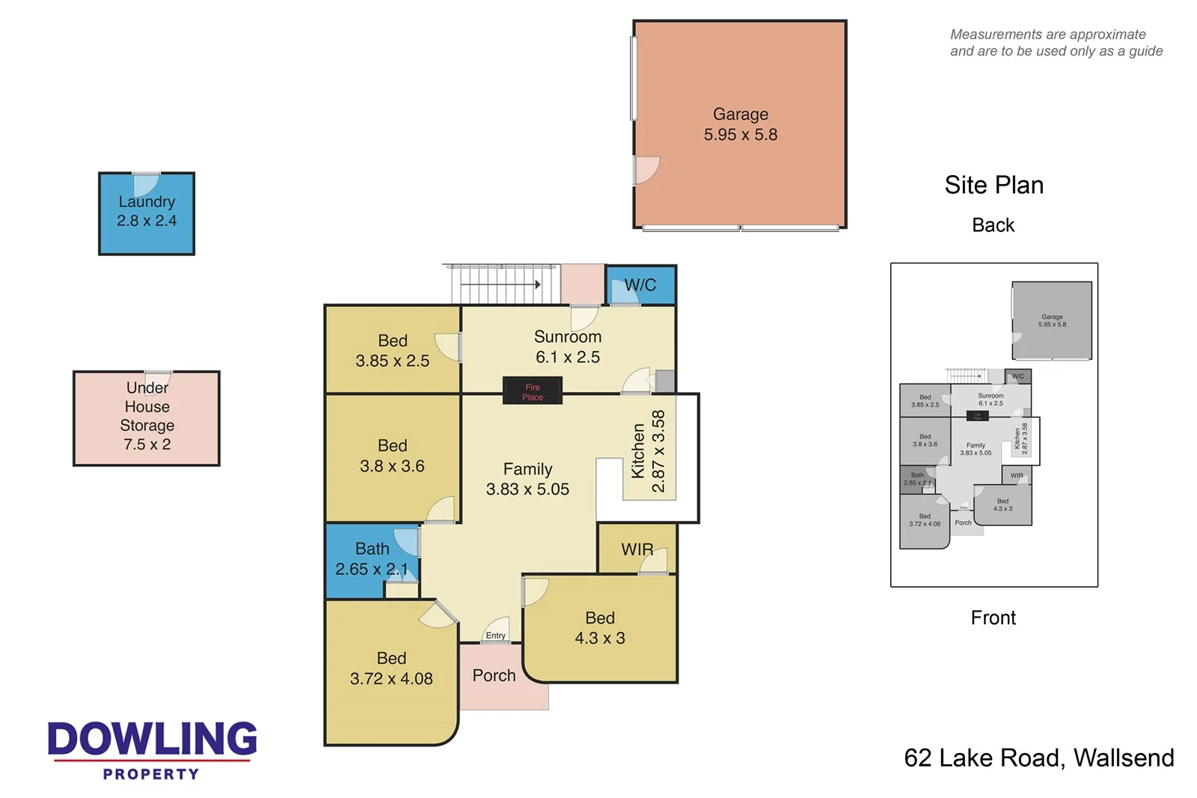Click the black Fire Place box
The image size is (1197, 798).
532,391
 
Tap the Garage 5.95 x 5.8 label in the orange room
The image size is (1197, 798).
740,124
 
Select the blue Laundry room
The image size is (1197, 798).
147,213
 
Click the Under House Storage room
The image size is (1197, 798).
147,418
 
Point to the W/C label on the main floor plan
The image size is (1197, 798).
640,285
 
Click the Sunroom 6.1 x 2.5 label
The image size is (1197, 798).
567,347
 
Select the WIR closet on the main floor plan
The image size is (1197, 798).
637,550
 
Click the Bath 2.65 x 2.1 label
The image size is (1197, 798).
372,559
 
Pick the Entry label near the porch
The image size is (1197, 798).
495,636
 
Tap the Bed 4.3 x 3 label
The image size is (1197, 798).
599,628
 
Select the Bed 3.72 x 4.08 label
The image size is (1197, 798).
391,668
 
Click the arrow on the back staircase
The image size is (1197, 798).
536,284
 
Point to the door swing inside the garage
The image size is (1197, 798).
646,170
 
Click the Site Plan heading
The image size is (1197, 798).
994,185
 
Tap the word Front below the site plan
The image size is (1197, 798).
993,618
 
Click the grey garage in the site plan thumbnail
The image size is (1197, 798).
1051,320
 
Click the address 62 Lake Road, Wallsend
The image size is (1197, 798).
1038,758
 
